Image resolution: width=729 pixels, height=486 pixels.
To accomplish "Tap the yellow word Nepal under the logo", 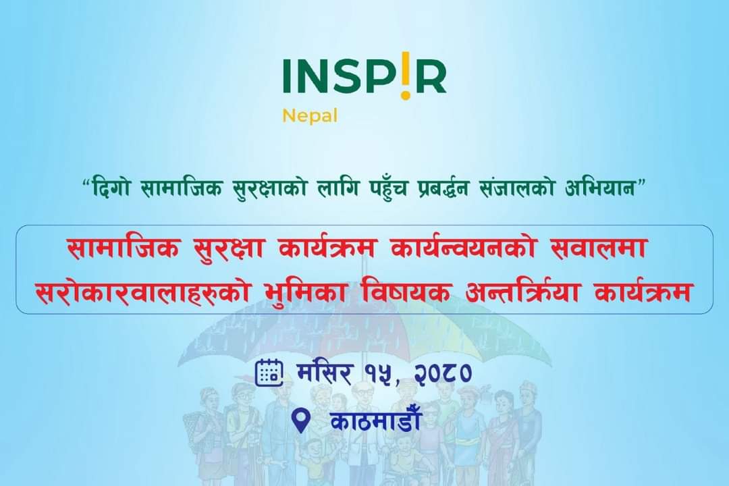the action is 310,116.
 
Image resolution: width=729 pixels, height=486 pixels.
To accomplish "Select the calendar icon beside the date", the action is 269,373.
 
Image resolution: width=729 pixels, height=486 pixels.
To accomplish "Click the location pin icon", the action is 302,421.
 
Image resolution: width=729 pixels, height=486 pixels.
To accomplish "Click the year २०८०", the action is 442,373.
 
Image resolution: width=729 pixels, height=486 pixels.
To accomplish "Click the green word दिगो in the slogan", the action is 110,188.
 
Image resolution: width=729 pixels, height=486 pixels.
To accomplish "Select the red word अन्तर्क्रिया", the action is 524,291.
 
